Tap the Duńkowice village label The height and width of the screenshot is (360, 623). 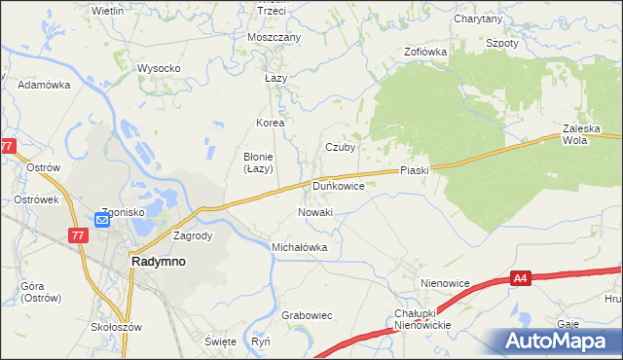coord(338,184)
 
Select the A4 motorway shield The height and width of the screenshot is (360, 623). coord(522,280)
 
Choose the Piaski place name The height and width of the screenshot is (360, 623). coord(414,170)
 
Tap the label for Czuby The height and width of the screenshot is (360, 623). coord(340,148)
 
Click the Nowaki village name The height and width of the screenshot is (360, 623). coord(315,212)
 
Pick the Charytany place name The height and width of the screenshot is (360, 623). coord(478,18)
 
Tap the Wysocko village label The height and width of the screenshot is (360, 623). coord(159,68)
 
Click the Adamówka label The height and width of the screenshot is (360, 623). coord(45,85)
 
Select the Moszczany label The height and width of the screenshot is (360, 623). coord(275,37)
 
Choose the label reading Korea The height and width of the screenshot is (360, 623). coord(270,124)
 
